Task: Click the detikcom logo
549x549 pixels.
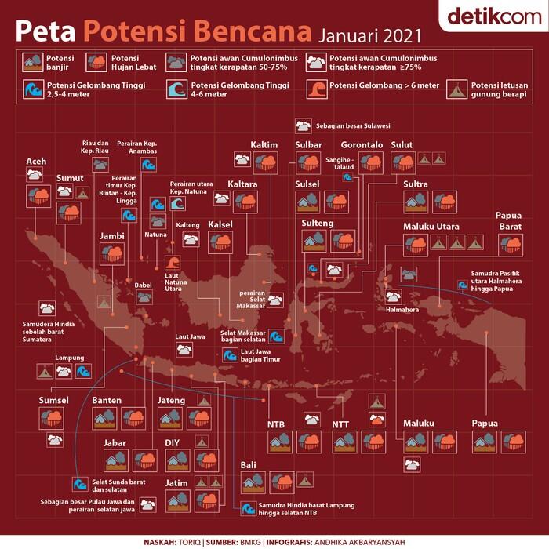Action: tap(490, 17)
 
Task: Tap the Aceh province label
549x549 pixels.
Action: tap(36, 162)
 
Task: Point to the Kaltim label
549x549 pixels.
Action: tap(264, 145)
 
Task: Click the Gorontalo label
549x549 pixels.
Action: tap(362, 145)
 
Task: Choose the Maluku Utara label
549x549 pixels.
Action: tap(431, 227)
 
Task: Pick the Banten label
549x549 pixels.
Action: tap(107, 401)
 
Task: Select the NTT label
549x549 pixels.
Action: tap(340, 424)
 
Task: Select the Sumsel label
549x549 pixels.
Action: tap(54, 401)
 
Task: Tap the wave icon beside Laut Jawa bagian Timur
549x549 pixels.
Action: tap(228, 355)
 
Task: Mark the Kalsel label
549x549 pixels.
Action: tap(220, 225)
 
